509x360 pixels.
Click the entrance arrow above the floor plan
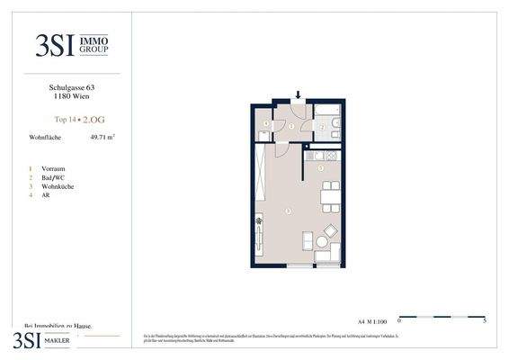(299, 95)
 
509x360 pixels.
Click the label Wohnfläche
(45, 137)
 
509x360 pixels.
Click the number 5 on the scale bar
(485, 319)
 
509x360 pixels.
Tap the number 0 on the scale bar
(398, 319)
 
